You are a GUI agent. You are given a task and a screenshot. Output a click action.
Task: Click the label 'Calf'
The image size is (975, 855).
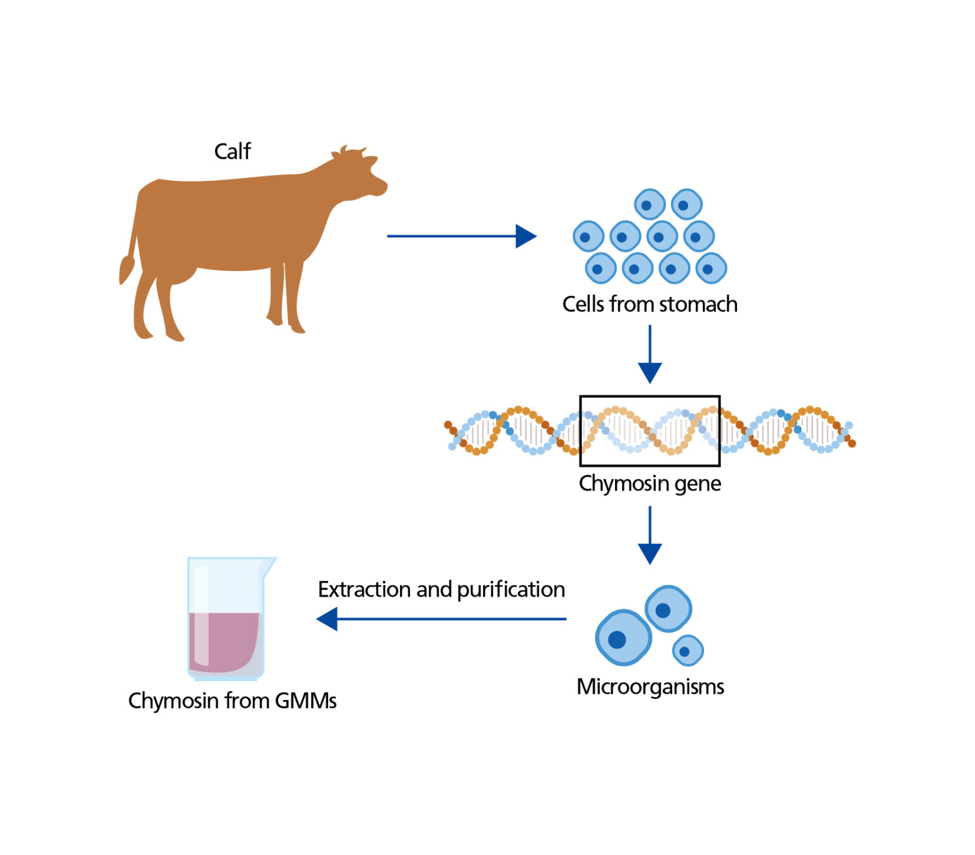click(x=232, y=152)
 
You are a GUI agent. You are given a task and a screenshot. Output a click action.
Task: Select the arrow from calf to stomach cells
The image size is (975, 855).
click(x=461, y=236)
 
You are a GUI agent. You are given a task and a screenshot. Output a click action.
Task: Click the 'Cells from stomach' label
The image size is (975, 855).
click(x=649, y=305)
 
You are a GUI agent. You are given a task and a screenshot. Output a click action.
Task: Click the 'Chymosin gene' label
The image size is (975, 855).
click(x=649, y=484)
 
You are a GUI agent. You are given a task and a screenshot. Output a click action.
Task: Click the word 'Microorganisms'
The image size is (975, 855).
click(x=650, y=687)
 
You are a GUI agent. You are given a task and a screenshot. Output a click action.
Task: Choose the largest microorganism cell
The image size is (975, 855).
click(x=623, y=637)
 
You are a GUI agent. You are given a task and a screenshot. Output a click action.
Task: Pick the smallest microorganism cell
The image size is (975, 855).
click(x=687, y=651)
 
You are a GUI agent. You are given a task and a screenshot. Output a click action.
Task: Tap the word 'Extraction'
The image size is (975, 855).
click(x=364, y=590)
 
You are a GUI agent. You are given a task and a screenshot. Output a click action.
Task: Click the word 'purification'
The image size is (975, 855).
click(x=510, y=590)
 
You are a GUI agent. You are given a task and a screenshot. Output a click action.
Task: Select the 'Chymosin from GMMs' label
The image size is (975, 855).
click(x=232, y=701)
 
